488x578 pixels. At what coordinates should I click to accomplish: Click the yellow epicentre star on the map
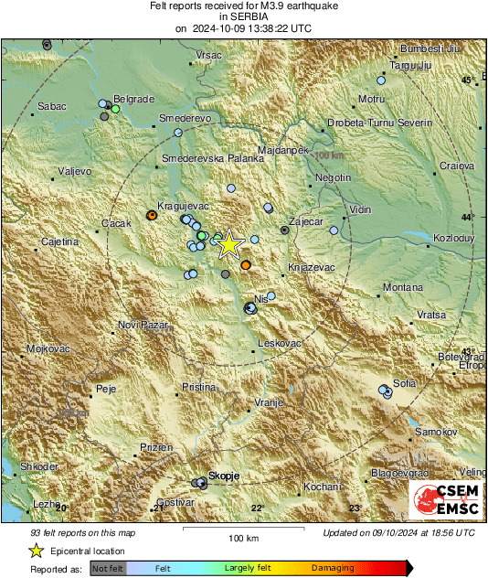point(228,243)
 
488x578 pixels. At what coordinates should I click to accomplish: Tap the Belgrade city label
point(133,99)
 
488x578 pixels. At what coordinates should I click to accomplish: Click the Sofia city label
point(404,382)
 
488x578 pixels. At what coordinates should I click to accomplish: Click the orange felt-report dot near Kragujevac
point(152,216)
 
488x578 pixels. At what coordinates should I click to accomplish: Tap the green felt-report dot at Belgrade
point(115,109)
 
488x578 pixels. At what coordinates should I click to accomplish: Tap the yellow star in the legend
point(36,551)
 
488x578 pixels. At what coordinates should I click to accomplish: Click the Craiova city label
point(456,166)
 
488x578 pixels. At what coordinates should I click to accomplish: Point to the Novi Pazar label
point(140,326)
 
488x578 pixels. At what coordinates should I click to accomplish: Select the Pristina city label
point(198,388)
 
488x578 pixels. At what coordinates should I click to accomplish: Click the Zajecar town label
point(307,222)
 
